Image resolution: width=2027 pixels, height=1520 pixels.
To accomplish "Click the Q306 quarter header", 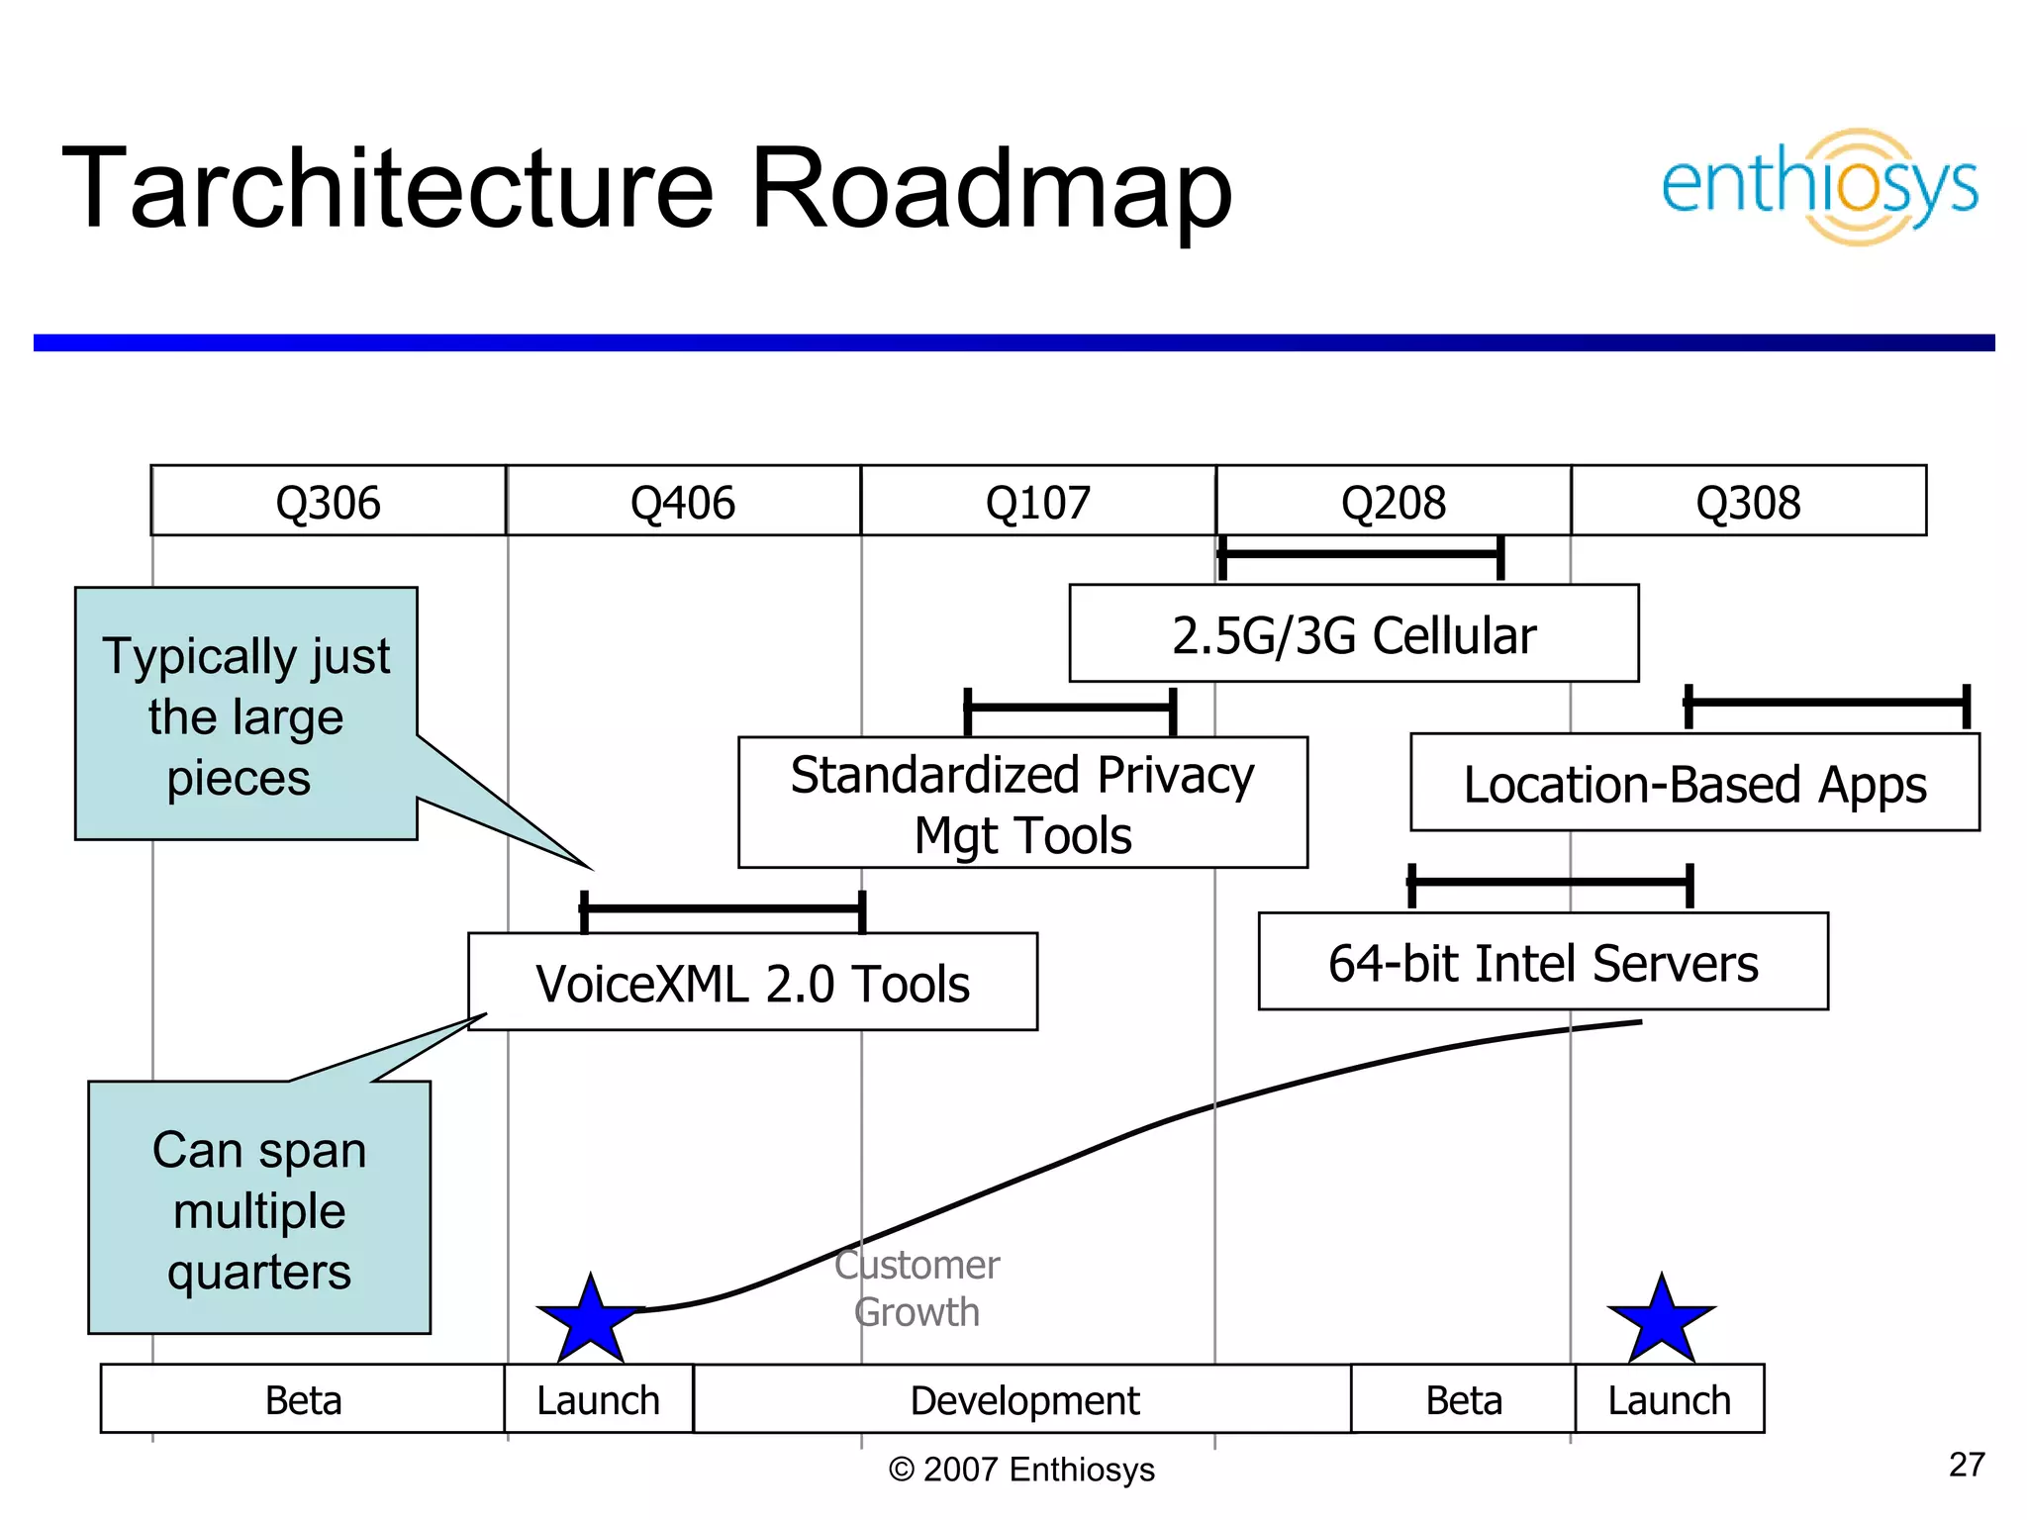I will point(328,502).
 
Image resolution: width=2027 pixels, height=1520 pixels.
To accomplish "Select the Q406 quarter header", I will point(683,502).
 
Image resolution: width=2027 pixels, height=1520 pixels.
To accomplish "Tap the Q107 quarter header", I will point(1037,502).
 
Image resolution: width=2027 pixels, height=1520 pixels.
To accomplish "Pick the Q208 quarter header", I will point(1393,502).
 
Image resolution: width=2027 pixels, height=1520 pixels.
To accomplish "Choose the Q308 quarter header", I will point(1748,502).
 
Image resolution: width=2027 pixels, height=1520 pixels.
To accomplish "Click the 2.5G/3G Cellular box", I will point(1353,634).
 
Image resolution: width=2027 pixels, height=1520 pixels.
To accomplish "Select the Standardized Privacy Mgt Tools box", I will point(1022,804).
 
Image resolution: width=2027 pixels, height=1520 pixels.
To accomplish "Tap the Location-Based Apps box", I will point(1694,784).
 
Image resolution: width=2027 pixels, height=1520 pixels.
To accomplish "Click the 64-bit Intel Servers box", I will point(1542,962).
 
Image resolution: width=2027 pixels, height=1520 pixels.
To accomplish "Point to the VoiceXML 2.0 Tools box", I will point(752,983).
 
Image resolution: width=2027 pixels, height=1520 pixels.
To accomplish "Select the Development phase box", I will point(1023,1399).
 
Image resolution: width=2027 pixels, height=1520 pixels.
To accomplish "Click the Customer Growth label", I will point(917,1288).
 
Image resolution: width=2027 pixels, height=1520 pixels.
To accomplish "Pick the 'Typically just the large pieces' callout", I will point(245,714).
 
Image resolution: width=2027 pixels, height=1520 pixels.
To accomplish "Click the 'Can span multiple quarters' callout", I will point(259,1209).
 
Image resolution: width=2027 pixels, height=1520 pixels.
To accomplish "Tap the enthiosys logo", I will point(1819,186).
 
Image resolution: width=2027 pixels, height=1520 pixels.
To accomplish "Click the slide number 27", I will point(1966,1465).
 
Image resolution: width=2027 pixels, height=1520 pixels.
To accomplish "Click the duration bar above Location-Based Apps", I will point(1826,704).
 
